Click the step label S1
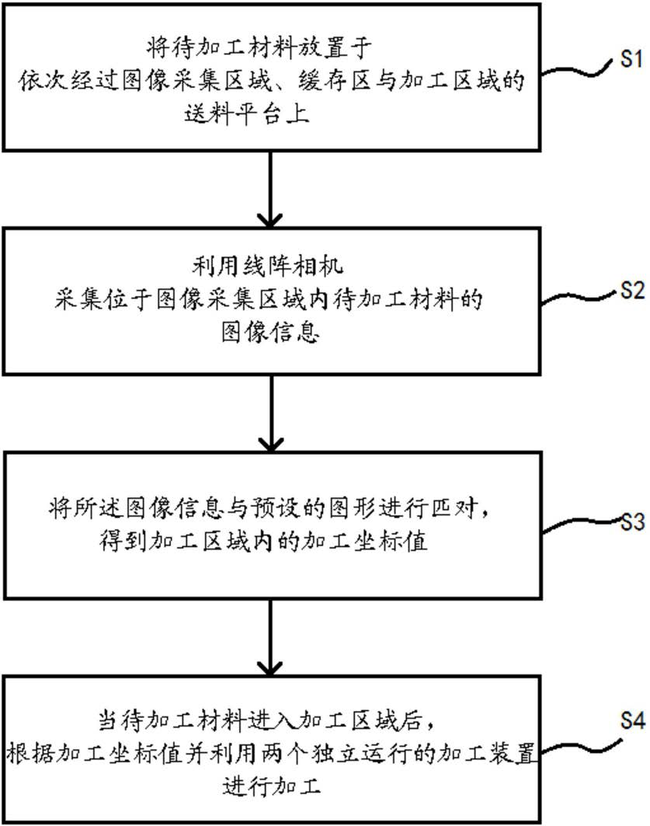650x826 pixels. point(631,60)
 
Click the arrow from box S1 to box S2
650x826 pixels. point(269,187)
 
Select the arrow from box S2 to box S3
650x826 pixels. point(269,414)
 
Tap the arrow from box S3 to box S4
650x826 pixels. point(269,641)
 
